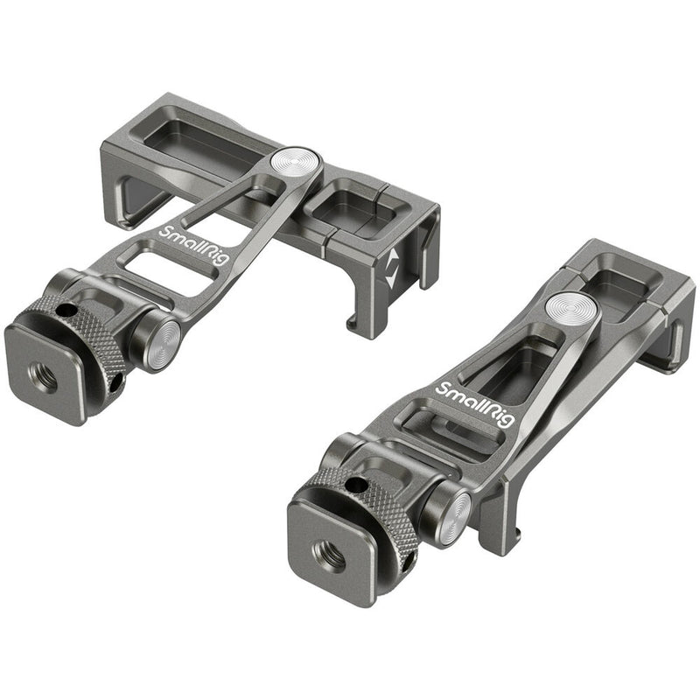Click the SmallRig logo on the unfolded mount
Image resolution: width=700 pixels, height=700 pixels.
[189, 247]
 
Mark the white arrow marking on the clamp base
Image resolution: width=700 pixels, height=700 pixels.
[391, 268]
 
